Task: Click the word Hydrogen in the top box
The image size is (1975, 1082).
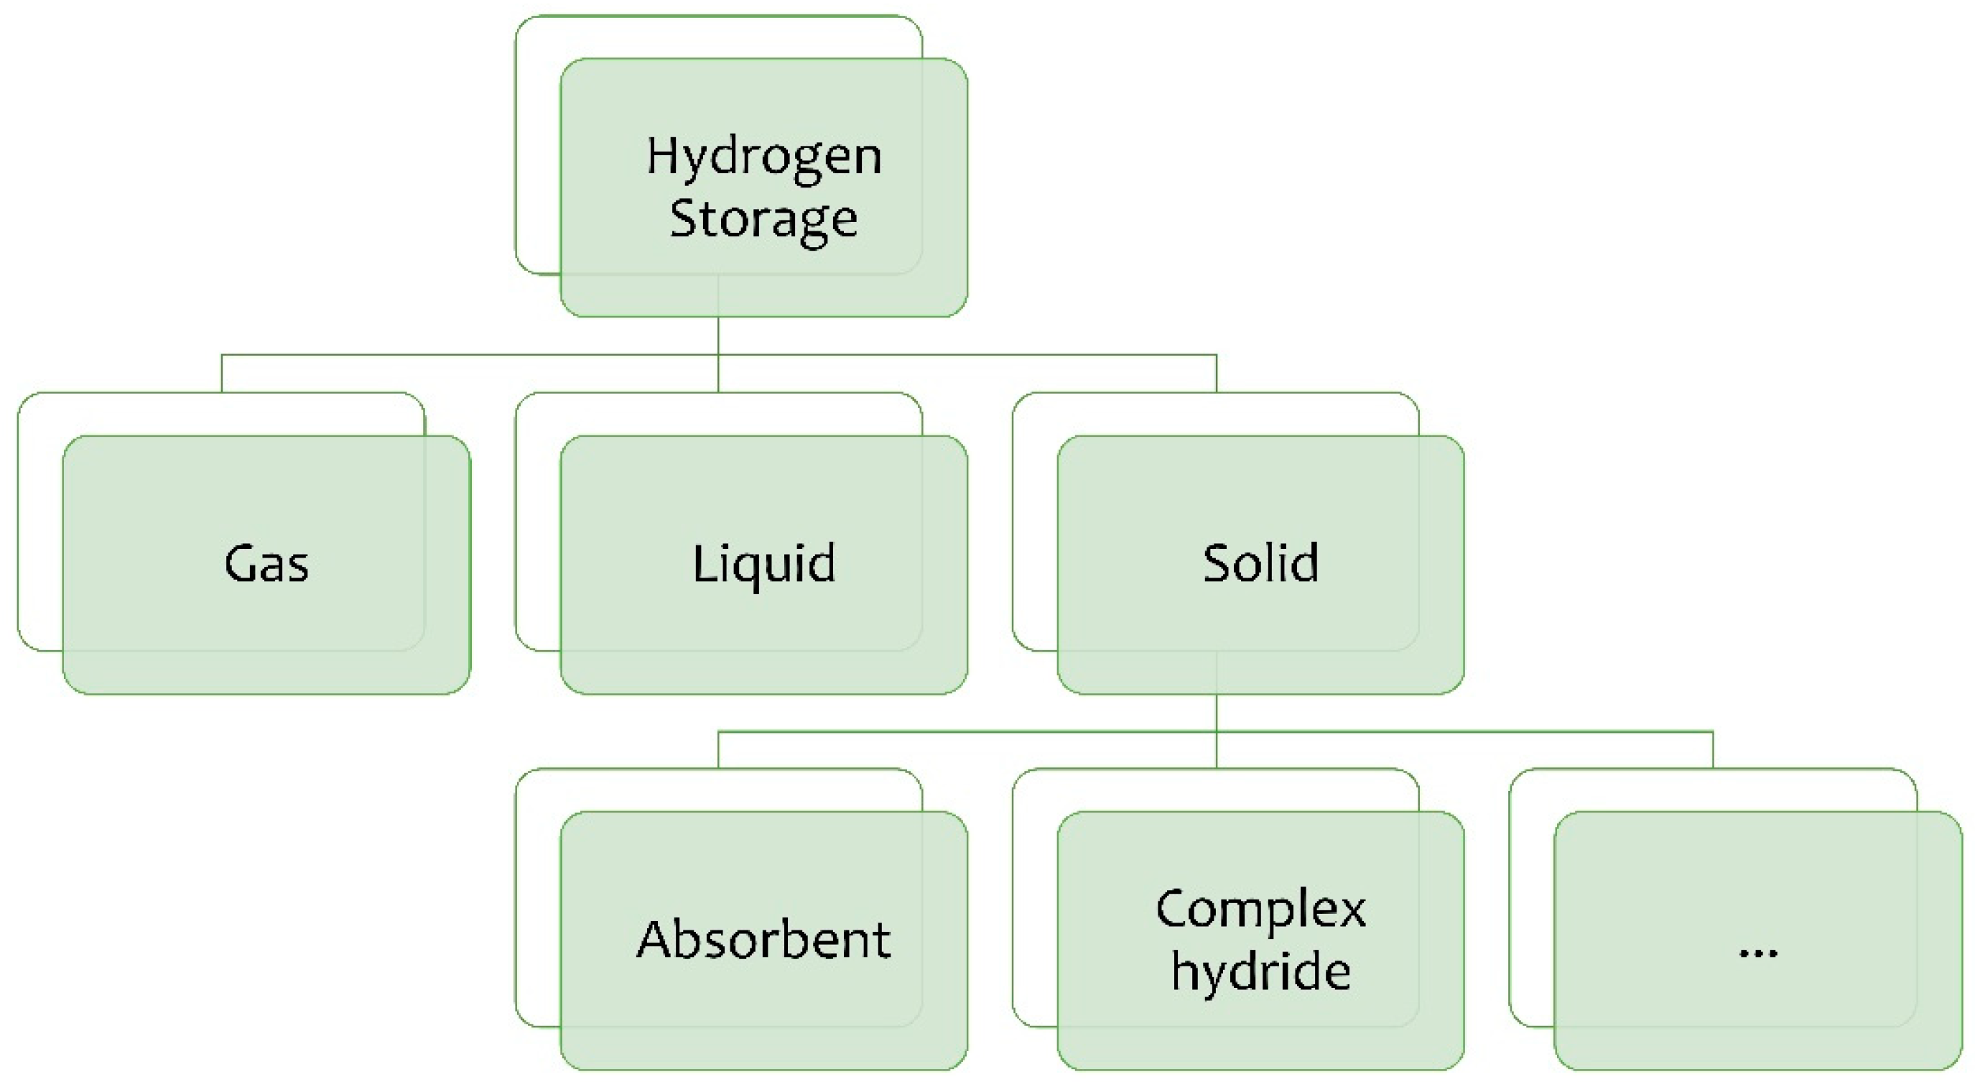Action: tap(763, 157)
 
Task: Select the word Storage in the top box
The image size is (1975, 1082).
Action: tap(763, 219)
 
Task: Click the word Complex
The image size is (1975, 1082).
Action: tap(1260, 910)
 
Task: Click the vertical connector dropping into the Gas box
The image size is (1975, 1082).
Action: tap(222, 374)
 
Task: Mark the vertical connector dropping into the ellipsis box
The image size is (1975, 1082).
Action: tap(1713, 750)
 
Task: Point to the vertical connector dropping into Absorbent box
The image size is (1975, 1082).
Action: tap(718, 750)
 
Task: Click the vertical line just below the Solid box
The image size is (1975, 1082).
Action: tap(1217, 713)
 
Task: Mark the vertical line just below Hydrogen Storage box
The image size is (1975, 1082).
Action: tap(718, 336)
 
